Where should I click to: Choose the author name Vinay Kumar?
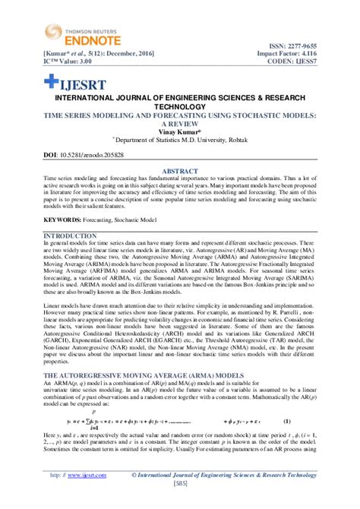180,130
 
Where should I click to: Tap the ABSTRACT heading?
180,172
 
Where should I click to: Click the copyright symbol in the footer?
134,474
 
